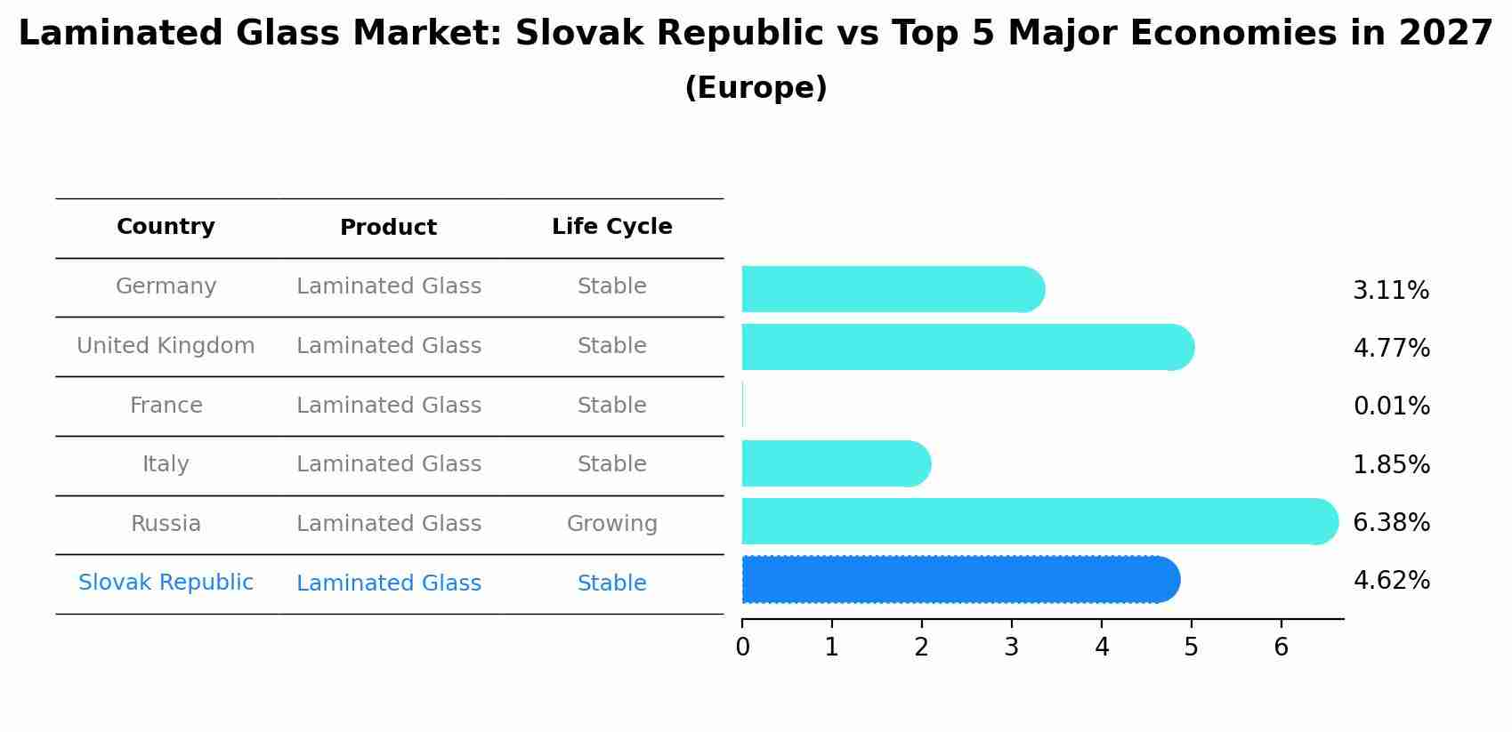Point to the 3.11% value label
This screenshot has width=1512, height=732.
point(1391,291)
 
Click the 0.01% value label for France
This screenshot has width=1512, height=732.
point(1391,406)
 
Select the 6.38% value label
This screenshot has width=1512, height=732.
point(1391,522)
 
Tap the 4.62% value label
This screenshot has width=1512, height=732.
point(1391,581)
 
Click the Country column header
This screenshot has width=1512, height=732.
point(166,227)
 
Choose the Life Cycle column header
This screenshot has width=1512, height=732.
point(611,227)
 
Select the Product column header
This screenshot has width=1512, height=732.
point(388,228)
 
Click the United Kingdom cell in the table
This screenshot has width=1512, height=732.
point(166,346)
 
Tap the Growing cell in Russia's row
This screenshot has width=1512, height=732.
point(611,524)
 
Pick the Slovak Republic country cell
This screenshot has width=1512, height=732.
point(166,583)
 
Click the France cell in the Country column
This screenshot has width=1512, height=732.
point(166,406)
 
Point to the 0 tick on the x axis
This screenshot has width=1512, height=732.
point(742,648)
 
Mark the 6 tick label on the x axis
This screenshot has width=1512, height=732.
point(1281,648)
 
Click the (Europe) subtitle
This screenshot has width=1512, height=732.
point(756,88)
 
